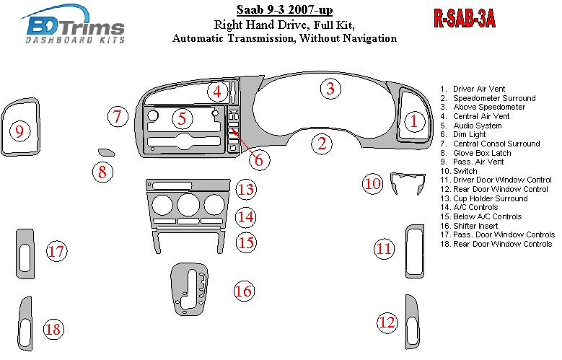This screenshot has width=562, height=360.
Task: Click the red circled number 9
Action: click(20, 131)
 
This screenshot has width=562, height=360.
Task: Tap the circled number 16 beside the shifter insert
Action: click(243, 291)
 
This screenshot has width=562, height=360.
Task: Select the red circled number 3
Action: click(330, 89)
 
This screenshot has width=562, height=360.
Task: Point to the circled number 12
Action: click(387, 322)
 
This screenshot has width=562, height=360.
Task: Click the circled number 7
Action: click(119, 116)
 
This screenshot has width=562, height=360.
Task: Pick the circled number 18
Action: click(52, 329)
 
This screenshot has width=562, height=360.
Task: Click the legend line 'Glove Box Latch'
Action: click(482, 153)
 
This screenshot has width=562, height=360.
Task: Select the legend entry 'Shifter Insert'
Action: click(478, 226)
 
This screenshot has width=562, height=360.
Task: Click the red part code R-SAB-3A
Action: click(463, 19)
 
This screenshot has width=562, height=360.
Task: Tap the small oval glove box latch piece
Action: click(106, 152)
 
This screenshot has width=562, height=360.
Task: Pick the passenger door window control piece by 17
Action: click(25, 253)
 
